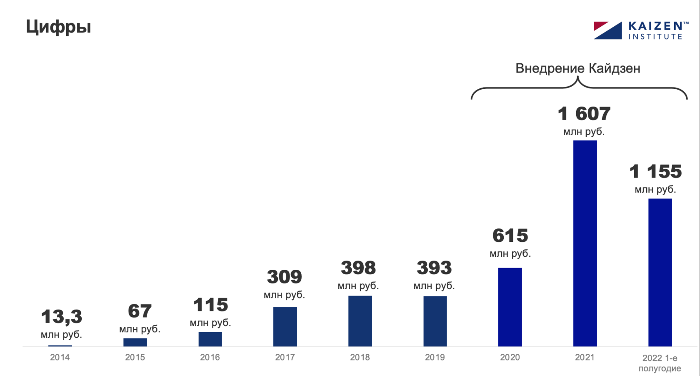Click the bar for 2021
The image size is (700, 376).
[585, 243]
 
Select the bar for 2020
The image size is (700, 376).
[510, 307]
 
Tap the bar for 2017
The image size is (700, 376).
[285, 327]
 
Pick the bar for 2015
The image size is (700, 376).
[135, 342]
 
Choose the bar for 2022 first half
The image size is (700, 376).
[660, 272]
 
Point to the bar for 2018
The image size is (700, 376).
[360, 321]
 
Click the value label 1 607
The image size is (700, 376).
[584, 113]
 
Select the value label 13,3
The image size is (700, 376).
[62, 317]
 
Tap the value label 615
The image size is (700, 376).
[510, 236]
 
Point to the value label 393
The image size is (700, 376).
[434, 268]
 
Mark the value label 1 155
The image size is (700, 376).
[655, 171]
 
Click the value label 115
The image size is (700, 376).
[210, 305]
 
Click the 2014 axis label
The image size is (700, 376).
[60, 357]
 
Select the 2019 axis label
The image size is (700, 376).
[435, 357]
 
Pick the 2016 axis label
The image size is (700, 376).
[210, 357]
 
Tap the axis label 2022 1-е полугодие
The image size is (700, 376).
[660, 363]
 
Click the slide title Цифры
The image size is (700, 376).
[58, 27]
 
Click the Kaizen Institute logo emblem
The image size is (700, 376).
[607, 30]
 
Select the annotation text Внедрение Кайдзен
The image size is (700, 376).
[578, 68]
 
